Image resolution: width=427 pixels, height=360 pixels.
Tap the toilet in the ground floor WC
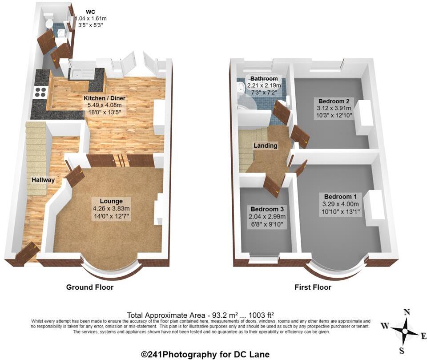49,22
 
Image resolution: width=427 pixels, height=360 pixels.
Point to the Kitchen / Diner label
105,98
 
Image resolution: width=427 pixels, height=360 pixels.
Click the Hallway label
43,180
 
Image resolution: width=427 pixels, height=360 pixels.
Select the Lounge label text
108,201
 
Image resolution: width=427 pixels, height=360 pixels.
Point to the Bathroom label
264,79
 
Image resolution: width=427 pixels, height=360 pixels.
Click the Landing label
265,146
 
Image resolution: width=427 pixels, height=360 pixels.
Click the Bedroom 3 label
267,209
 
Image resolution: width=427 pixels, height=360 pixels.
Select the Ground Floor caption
90,287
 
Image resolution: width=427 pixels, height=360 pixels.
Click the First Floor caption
313,287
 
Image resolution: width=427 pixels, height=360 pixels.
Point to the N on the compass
406,312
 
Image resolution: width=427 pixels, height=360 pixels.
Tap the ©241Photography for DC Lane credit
205,354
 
